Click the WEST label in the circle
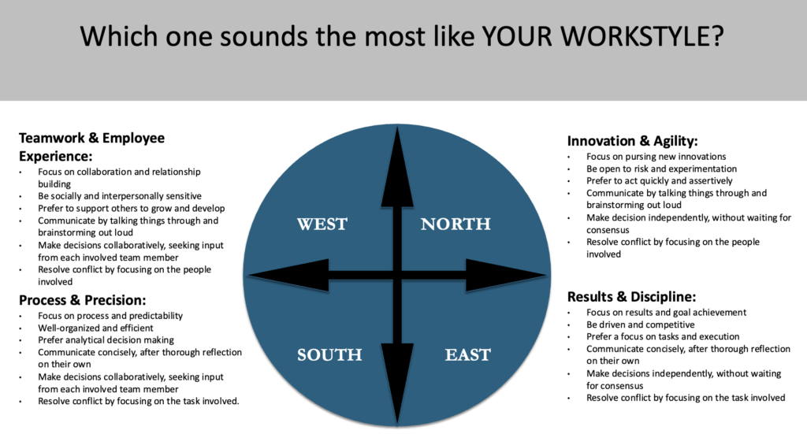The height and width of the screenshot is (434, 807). [x=322, y=224]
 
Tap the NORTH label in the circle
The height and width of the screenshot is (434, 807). [x=456, y=224]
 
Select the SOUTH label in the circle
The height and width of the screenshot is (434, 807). [x=329, y=354]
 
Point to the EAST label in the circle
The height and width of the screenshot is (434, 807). [x=468, y=354]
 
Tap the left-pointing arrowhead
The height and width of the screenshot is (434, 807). [x=288, y=276]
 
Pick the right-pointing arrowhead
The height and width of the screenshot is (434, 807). [x=506, y=276]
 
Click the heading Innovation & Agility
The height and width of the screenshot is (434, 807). [x=633, y=141]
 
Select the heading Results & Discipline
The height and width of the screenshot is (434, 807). [x=631, y=297]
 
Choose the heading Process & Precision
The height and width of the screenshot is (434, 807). [x=82, y=300]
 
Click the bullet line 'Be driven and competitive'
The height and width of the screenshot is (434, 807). [x=640, y=325]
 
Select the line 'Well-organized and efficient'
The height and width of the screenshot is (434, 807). [x=95, y=328]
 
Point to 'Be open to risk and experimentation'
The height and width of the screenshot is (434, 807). [x=661, y=169]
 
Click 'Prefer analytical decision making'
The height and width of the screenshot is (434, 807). [x=106, y=340]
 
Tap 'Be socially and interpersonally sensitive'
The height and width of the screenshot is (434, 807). [x=120, y=196]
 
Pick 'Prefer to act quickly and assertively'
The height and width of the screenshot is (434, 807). [x=660, y=181]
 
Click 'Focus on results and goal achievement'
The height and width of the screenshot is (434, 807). [x=666, y=313]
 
